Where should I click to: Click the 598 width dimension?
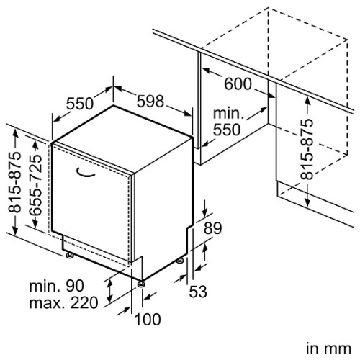150,101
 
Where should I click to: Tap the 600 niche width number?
238,84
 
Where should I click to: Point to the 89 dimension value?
213,228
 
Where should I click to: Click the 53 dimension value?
198,292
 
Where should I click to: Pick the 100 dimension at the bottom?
148,320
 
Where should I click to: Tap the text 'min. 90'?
57,286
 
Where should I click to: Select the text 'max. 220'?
63,303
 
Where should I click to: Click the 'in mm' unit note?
328,348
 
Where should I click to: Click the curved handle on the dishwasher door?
85,174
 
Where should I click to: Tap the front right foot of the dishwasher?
141,284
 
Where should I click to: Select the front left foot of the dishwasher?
70,256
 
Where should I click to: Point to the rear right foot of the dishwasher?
180,261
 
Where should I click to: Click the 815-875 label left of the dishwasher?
14,182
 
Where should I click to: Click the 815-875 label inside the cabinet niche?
307,149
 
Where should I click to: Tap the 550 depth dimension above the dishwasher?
80,104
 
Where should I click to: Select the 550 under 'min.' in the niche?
227,130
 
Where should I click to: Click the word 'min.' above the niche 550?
228,114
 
